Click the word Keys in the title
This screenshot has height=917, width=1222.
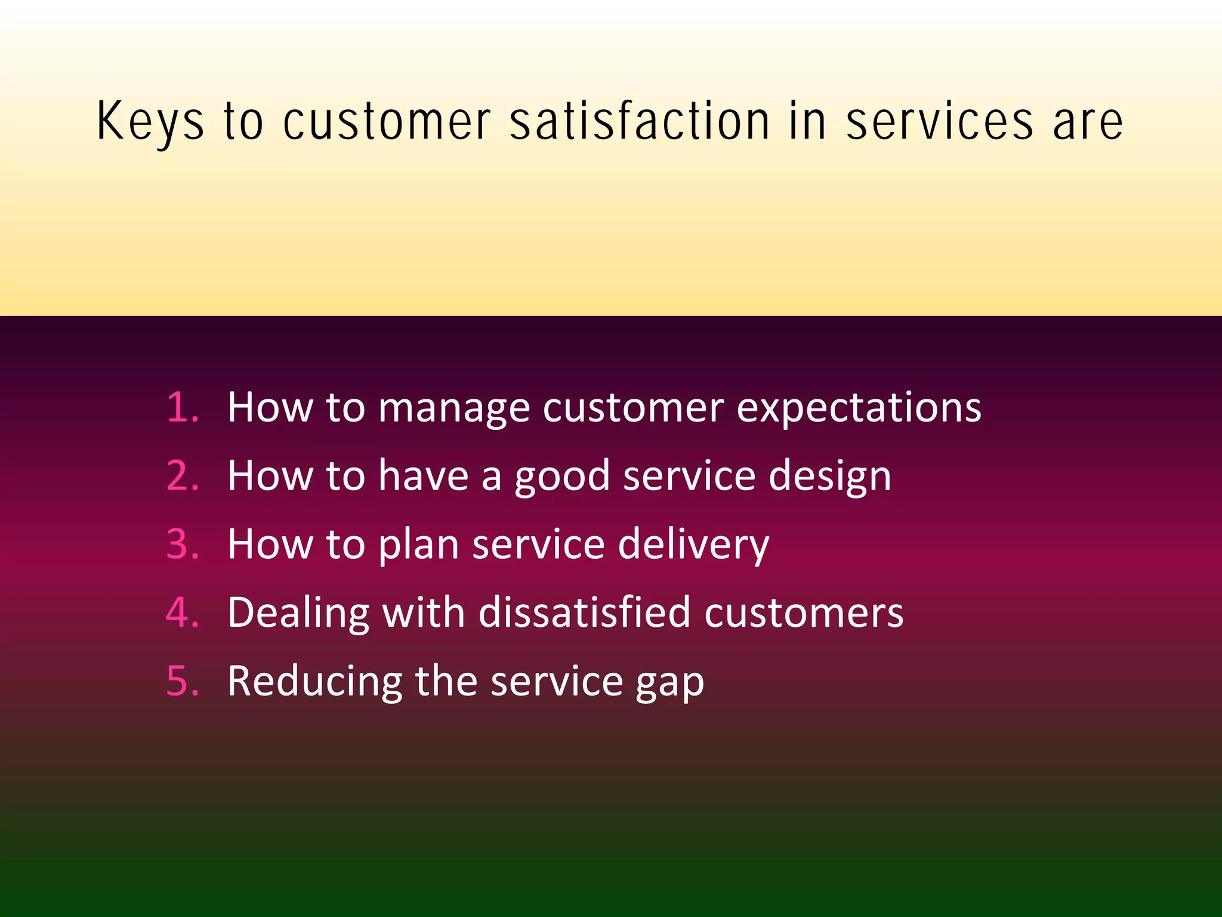point(150,122)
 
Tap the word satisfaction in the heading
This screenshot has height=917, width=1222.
point(639,121)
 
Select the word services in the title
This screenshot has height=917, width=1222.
point(940,122)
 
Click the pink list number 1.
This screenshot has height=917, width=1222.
point(181,408)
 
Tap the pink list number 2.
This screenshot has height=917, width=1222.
point(181,476)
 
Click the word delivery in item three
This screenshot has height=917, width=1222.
point(693,546)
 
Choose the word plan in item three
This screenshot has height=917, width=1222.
point(418,546)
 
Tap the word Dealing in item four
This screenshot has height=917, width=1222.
point(298,614)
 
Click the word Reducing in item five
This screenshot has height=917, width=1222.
point(314,682)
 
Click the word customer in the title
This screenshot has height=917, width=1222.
point(387,122)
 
